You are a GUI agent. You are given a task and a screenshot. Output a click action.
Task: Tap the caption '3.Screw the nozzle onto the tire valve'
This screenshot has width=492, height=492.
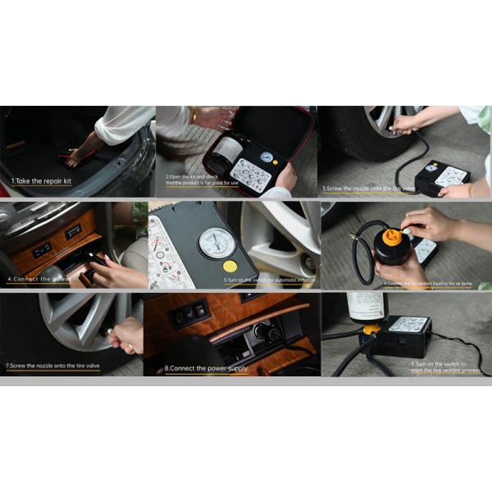tap(369, 188)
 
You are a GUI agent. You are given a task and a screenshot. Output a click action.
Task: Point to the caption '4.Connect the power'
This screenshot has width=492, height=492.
tap(38, 279)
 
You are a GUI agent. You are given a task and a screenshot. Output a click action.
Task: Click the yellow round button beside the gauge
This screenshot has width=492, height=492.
tap(230, 266)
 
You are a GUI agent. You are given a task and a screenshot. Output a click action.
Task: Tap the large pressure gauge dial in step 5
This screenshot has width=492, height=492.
tap(216, 244)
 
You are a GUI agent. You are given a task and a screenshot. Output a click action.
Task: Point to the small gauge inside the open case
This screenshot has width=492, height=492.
tap(266, 157)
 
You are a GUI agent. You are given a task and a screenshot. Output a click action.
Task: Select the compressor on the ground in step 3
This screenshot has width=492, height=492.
tap(442, 175)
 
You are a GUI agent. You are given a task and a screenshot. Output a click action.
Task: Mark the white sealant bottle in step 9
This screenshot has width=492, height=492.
tap(367, 307)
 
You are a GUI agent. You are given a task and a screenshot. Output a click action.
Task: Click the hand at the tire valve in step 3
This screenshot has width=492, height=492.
tap(403, 125)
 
